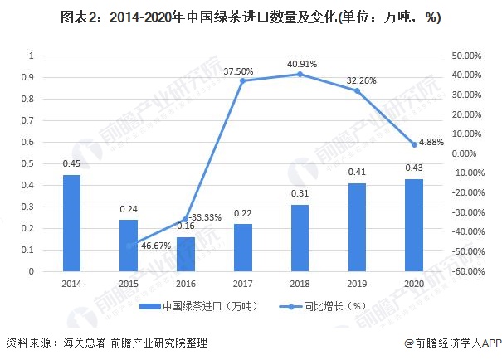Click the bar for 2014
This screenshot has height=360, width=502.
click(72, 223)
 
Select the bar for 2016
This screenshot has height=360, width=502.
click(186, 254)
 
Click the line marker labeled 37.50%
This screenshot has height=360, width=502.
click(243, 80)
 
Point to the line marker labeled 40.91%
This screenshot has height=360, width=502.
click(300, 74)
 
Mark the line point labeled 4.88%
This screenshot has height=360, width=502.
click(413, 144)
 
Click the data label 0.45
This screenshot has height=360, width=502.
click(72, 163)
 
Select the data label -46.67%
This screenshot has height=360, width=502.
click(154, 246)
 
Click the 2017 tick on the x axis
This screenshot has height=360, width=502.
click(242, 283)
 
